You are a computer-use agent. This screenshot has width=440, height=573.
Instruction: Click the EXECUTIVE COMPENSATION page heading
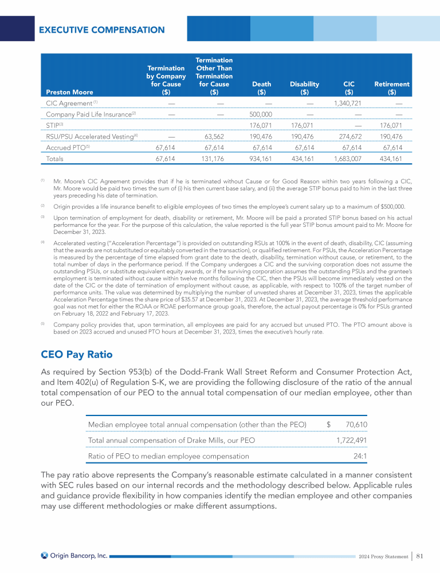coord(101,30)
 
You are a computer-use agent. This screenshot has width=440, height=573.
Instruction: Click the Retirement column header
coord(392,88)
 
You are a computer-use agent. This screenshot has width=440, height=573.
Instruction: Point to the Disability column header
coord(304,88)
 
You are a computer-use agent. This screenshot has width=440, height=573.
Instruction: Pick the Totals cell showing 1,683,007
coord(344,159)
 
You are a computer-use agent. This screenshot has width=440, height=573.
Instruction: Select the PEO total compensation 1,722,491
coord(351,440)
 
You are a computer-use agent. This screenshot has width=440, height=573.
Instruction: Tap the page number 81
coord(420,555)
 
